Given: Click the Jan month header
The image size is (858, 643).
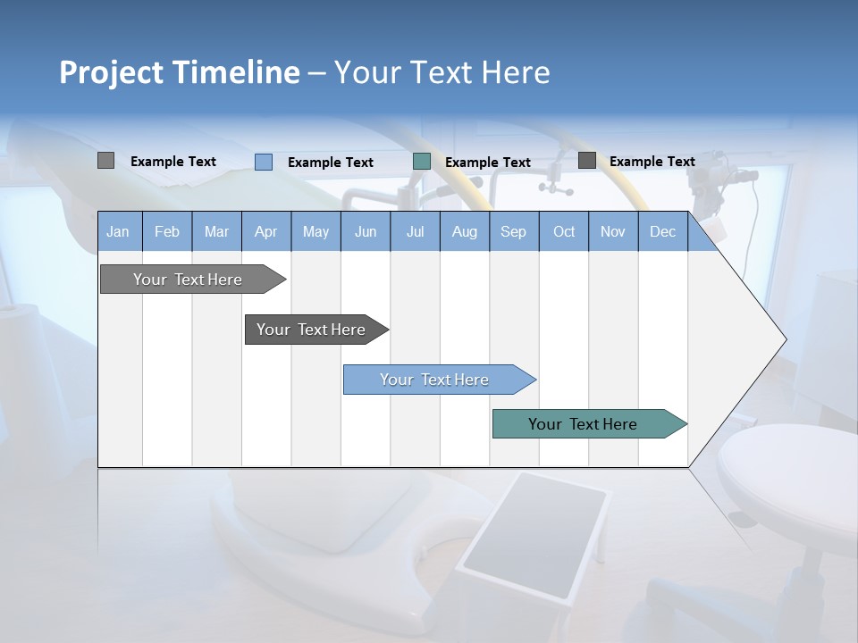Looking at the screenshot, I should pyautogui.click(x=118, y=231).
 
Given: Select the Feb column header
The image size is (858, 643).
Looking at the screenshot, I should pyautogui.click(x=167, y=231).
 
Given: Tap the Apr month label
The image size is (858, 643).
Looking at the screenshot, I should pyautogui.click(x=265, y=231).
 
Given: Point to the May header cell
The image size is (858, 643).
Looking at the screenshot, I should pyautogui.click(x=315, y=231).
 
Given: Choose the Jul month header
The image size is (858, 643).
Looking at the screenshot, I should pyautogui.click(x=415, y=231).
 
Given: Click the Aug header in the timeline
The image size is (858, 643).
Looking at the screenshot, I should pyautogui.click(x=464, y=231).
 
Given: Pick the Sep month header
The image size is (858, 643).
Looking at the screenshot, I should pyautogui.click(x=513, y=231).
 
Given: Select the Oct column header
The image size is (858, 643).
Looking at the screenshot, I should pyautogui.click(x=564, y=231).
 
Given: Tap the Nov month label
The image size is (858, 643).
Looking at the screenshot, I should pyautogui.click(x=613, y=231).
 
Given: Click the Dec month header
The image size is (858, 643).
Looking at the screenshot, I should pyautogui.click(x=662, y=231).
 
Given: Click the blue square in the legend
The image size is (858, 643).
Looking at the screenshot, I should pyautogui.click(x=264, y=162).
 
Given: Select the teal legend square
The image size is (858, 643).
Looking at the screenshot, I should pyautogui.click(x=422, y=162).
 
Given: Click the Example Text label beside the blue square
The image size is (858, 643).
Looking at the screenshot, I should pyautogui.click(x=330, y=163).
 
